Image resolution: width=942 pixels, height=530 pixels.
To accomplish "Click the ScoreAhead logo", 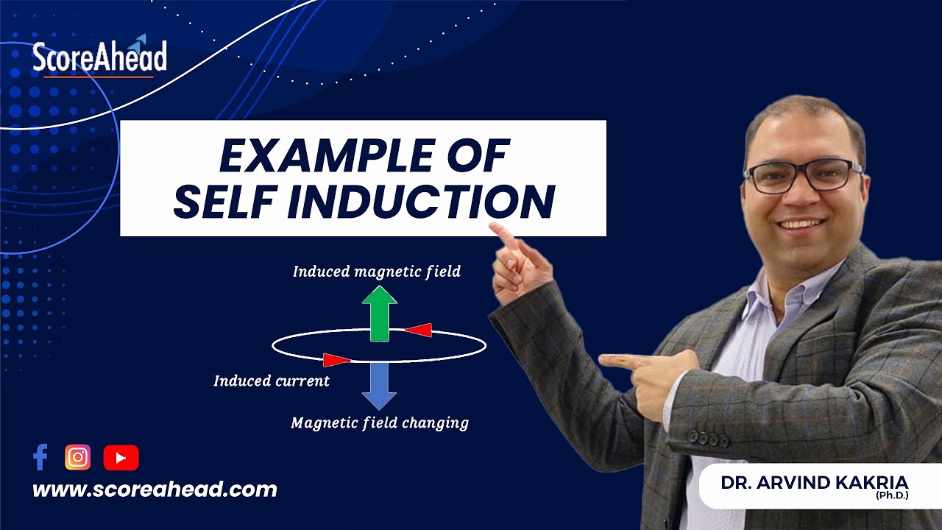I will pyautogui.click(x=99, y=58).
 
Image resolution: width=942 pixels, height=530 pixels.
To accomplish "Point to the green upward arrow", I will pyautogui.click(x=380, y=313).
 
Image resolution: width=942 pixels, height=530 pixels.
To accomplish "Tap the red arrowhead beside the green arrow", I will pyautogui.click(x=419, y=331).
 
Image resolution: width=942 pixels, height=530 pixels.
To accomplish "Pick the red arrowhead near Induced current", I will pyautogui.click(x=336, y=360).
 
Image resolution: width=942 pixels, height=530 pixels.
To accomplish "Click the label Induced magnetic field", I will pyautogui.click(x=376, y=272).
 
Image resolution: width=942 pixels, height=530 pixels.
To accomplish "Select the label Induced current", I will pyautogui.click(x=272, y=381).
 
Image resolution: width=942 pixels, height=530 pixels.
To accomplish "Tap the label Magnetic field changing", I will pyautogui.click(x=380, y=423).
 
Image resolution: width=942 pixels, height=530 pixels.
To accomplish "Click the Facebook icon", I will pyautogui.click(x=40, y=458).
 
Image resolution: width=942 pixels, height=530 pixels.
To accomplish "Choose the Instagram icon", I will pyautogui.click(x=77, y=458).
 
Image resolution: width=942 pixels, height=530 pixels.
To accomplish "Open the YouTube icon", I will pyautogui.click(x=121, y=458).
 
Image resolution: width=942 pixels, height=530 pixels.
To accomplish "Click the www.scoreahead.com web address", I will pyautogui.click(x=155, y=490).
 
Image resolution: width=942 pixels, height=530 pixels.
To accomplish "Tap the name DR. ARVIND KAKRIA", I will pyautogui.click(x=815, y=483).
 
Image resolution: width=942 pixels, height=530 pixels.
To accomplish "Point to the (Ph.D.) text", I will pyautogui.click(x=892, y=497).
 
